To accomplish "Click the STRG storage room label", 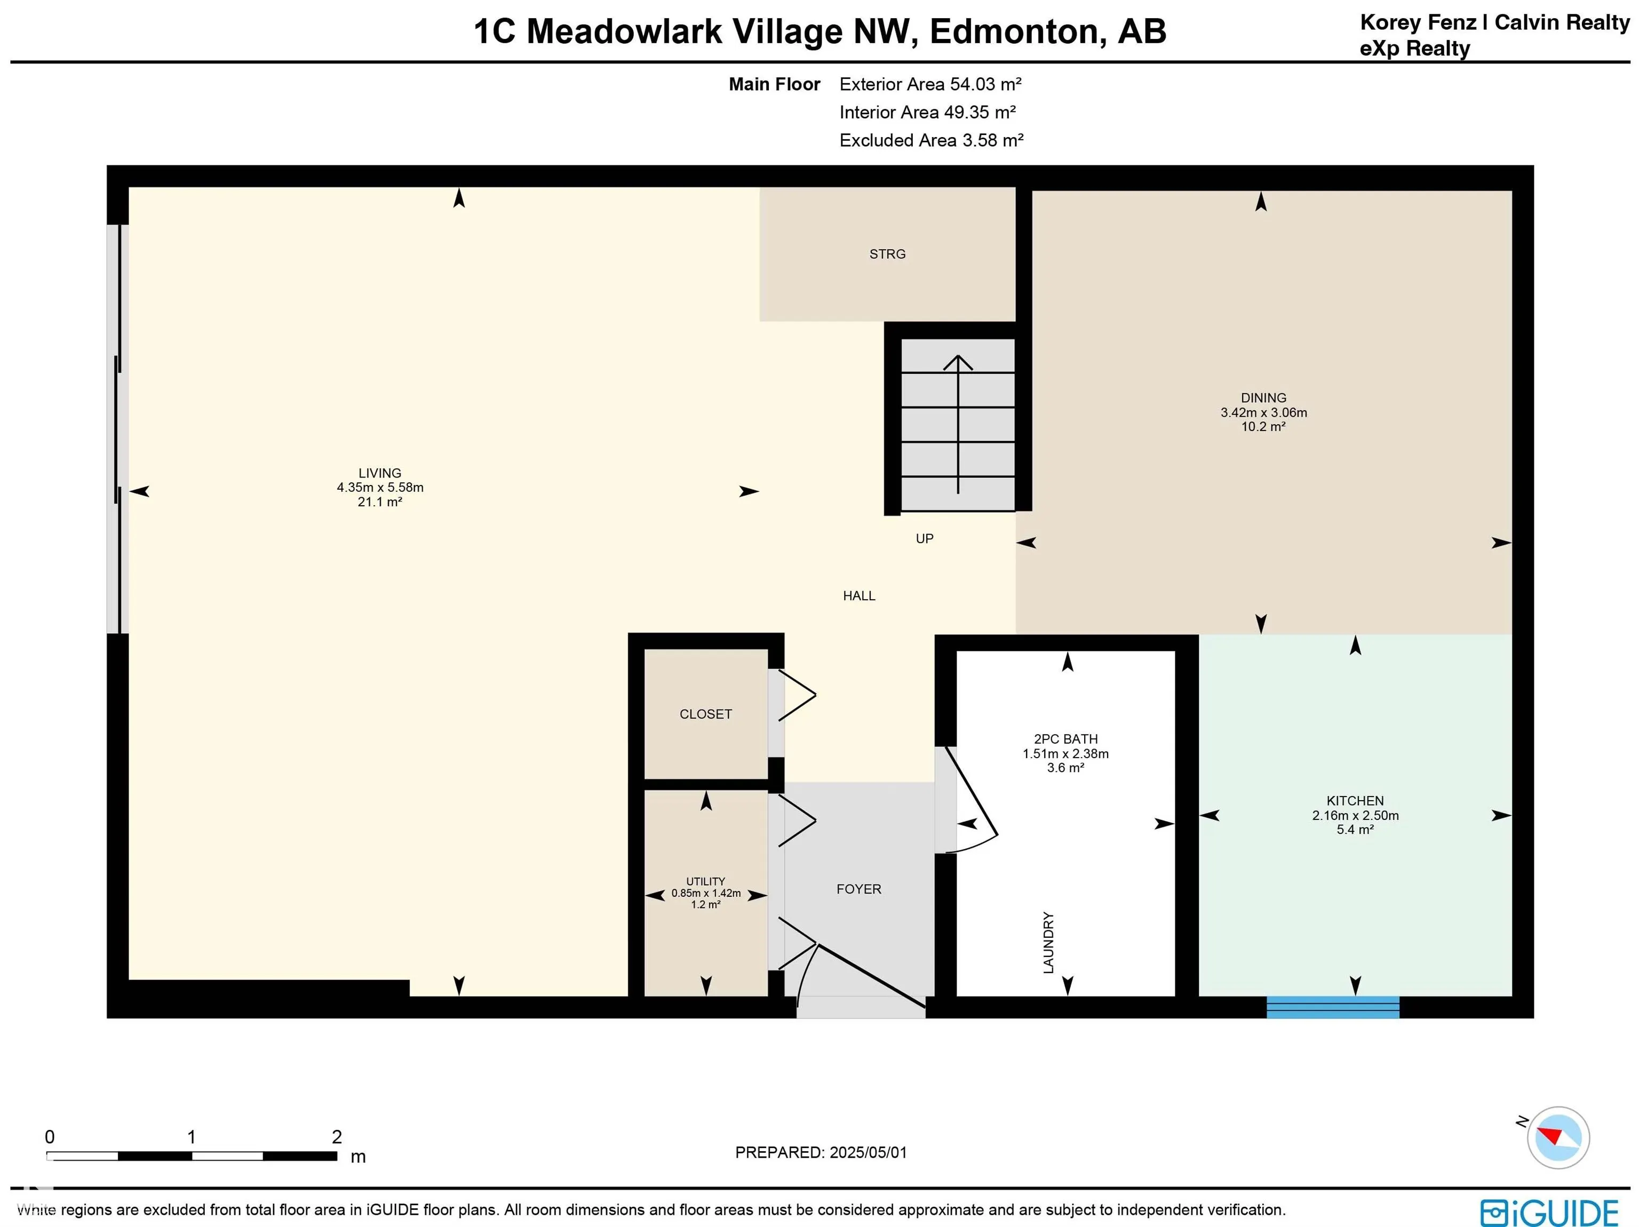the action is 887,254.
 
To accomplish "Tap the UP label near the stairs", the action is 924,539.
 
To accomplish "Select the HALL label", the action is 859,596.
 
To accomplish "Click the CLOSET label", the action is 705,714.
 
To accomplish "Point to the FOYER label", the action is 859,889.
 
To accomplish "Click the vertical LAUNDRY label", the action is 1048,943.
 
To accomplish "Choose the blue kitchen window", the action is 1333,1008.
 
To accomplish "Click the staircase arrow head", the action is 958,362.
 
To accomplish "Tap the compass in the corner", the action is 1558,1137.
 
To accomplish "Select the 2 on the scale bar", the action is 337,1137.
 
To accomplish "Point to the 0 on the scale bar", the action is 50,1137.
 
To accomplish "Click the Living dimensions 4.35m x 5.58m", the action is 380,488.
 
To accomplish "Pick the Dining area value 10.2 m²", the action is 1263,427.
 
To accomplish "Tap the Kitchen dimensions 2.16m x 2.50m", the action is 1355,816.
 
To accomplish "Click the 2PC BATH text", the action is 1065,739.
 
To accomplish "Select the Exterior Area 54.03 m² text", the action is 930,84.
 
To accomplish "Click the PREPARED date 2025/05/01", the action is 868,1152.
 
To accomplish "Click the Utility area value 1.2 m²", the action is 705,905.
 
